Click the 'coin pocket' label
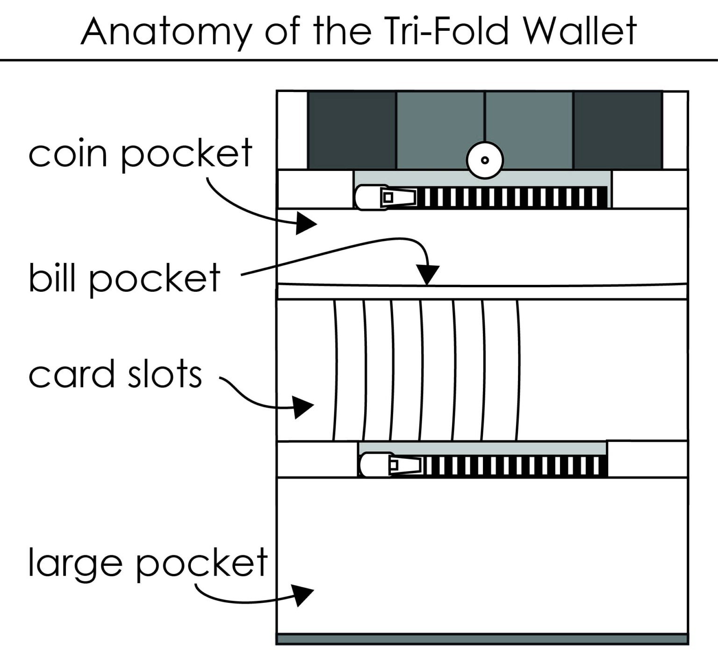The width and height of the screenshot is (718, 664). [x=140, y=154]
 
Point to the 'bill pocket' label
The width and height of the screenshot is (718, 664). [x=124, y=279]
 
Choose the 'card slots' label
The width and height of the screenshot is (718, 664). [x=115, y=374]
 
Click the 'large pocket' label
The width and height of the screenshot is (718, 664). [x=148, y=563]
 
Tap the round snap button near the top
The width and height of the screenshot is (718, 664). [x=485, y=160]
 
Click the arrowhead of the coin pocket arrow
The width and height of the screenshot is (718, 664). [x=306, y=223]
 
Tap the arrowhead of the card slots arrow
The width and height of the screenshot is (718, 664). [x=302, y=407]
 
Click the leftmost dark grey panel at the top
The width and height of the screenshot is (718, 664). [x=352, y=130]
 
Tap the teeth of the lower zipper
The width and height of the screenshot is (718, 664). [x=514, y=466]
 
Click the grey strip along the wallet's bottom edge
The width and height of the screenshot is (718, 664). [x=482, y=638]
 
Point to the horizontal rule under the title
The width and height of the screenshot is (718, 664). [x=359, y=60]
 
